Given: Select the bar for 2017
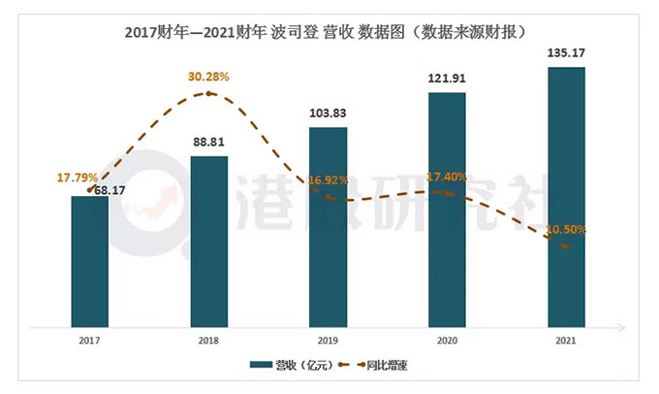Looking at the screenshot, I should tap(89, 262).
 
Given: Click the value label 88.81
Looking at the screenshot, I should tap(208, 144).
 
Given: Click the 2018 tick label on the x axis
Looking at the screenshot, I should tap(208, 341).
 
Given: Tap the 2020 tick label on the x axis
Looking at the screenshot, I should tap(447, 341).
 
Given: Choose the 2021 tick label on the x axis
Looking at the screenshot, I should tap(567, 341).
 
